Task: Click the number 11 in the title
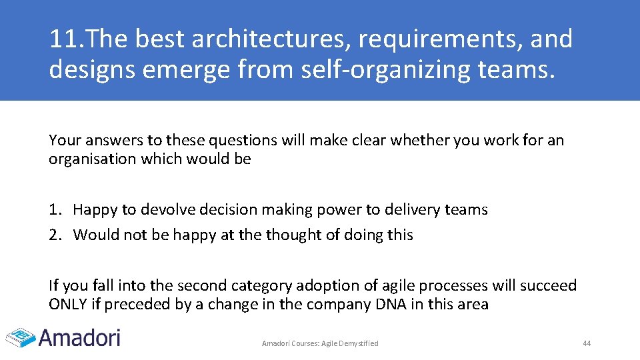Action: point(61,39)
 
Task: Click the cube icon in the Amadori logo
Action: point(20,337)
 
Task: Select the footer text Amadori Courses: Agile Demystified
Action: point(320,343)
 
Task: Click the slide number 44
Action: point(587,343)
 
